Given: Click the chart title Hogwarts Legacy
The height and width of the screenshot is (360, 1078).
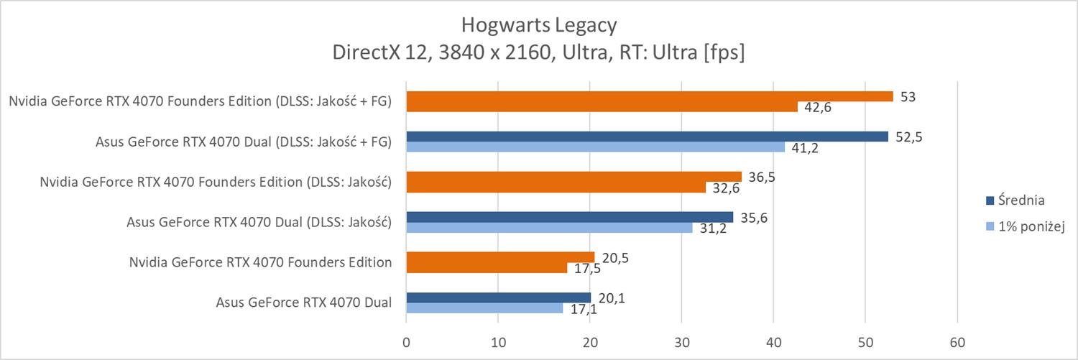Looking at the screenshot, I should (539, 26).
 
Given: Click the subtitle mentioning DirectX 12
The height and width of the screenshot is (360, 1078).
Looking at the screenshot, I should (539, 53).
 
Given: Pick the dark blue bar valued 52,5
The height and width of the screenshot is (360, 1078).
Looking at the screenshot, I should (647, 137).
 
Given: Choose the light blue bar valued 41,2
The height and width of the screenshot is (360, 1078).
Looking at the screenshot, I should (596, 147).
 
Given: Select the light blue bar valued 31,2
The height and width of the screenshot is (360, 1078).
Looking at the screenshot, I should (550, 228).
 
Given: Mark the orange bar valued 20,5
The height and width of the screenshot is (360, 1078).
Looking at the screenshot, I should (500, 257).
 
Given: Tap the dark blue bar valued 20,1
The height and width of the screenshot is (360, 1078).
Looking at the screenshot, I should (499, 297).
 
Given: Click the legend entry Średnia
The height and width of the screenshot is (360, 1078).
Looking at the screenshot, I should (1021, 200).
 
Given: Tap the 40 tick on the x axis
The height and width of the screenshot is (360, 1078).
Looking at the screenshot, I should (773, 341).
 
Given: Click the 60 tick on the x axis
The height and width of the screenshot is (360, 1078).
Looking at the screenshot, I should (957, 341).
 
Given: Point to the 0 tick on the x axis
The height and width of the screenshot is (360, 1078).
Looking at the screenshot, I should (407, 341).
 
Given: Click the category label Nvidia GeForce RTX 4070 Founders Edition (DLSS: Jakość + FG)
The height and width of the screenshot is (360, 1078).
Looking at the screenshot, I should (200, 101).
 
